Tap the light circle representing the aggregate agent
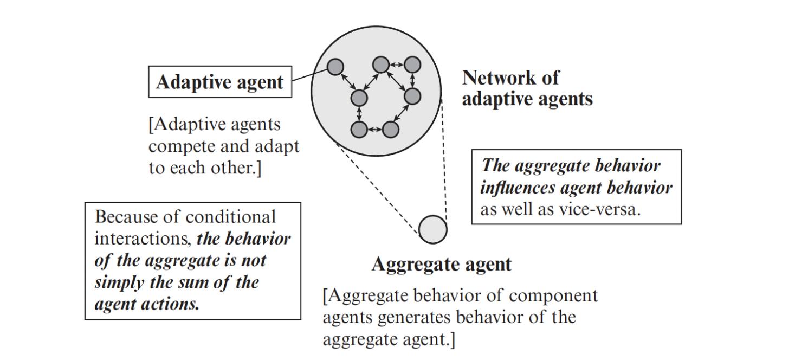[x=433, y=229]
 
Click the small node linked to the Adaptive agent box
[x=335, y=67]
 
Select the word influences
[x=518, y=188]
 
